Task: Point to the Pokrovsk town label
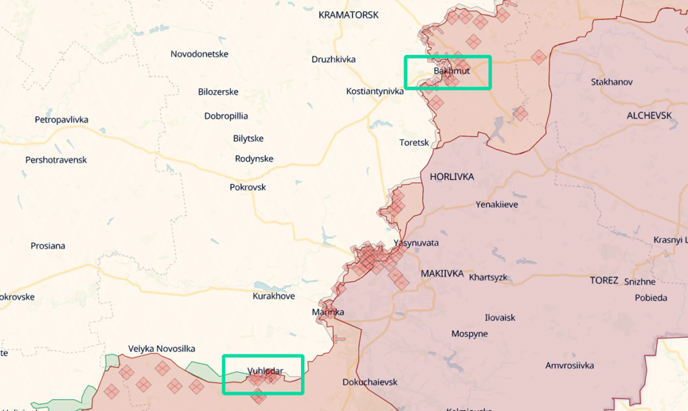point(248,187)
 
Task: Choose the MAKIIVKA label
point(442,274)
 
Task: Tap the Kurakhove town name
point(273,296)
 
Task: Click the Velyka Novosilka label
point(161,349)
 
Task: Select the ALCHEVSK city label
point(649,116)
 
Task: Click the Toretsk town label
point(414,143)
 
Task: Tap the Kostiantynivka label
point(375,91)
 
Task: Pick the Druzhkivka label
point(333,60)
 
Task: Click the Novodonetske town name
point(200,54)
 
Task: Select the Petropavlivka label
point(61,120)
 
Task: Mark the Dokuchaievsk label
point(370,382)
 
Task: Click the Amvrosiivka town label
point(570,365)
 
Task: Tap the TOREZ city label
point(604,281)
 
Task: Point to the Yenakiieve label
point(497,205)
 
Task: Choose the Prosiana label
point(48,246)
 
